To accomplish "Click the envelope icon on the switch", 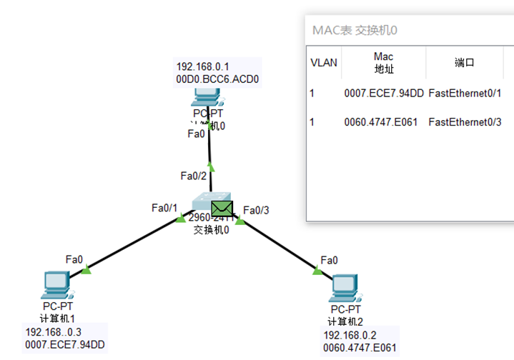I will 223,209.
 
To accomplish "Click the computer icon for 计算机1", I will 55,285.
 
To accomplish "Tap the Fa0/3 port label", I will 256,210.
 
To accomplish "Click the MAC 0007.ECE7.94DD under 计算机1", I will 65,345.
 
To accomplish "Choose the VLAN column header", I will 324,63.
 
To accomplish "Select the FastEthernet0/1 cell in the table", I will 465,93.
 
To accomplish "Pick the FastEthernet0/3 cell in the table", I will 465,122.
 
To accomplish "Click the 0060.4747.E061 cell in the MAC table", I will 383,122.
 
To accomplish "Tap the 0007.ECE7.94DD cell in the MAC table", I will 383,93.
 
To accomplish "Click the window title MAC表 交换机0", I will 355,31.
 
